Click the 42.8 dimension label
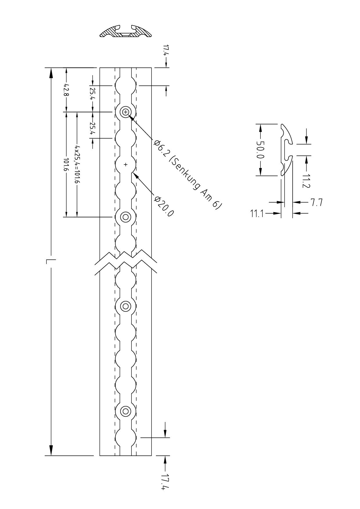(x=66, y=90)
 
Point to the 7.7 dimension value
(x=316, y=202)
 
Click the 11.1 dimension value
(x=257, y=214)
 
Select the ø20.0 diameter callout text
(x=164, y=206)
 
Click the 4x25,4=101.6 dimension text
(x=77, y=164)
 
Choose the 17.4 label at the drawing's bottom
(x=165, y=482)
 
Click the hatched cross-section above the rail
(x=125, y=31)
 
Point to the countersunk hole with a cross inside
(x=126, y=112)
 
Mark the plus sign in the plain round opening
(x=126, y=165)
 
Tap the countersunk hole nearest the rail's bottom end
(x=126, y=411)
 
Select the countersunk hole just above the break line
(x=126, y=217)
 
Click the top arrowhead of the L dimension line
(x=51, y=73)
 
